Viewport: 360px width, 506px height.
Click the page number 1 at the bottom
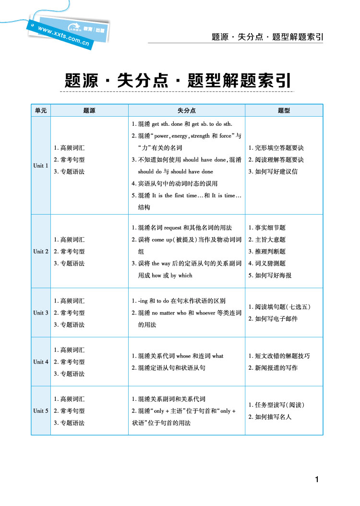[317, 479]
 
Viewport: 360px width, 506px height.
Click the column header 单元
[41, 110]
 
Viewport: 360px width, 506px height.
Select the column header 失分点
[186, 110]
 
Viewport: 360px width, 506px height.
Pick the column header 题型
[284, 110]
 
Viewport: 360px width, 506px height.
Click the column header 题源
[89, 110]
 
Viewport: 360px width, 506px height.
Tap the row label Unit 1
[41, 166]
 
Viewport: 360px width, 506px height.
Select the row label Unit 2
[41, 252]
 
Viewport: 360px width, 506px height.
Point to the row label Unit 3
[41, 313]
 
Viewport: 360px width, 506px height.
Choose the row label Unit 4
[41, 362]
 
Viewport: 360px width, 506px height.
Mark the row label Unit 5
[41, 411]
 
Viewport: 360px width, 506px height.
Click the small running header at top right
[267, 37]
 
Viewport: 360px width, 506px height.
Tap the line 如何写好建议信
[273, 171]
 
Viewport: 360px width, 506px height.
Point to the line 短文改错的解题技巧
[279, 356]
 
